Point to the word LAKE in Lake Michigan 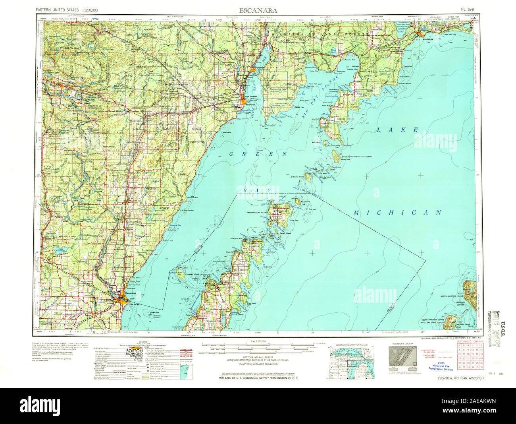[397, 130]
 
